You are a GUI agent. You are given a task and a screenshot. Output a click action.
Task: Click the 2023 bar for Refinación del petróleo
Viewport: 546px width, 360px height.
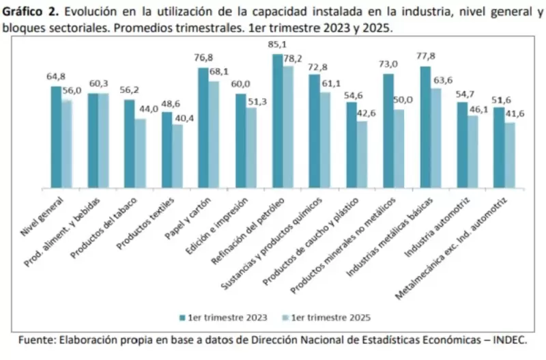[x=278, y=120]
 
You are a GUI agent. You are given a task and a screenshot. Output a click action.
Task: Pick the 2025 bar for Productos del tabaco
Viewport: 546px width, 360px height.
[x=140, y=153]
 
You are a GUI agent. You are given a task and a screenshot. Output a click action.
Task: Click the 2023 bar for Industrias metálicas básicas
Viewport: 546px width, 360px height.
[x=425, y=126]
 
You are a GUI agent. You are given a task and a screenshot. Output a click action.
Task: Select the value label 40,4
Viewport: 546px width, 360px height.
[x=177, y=118]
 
